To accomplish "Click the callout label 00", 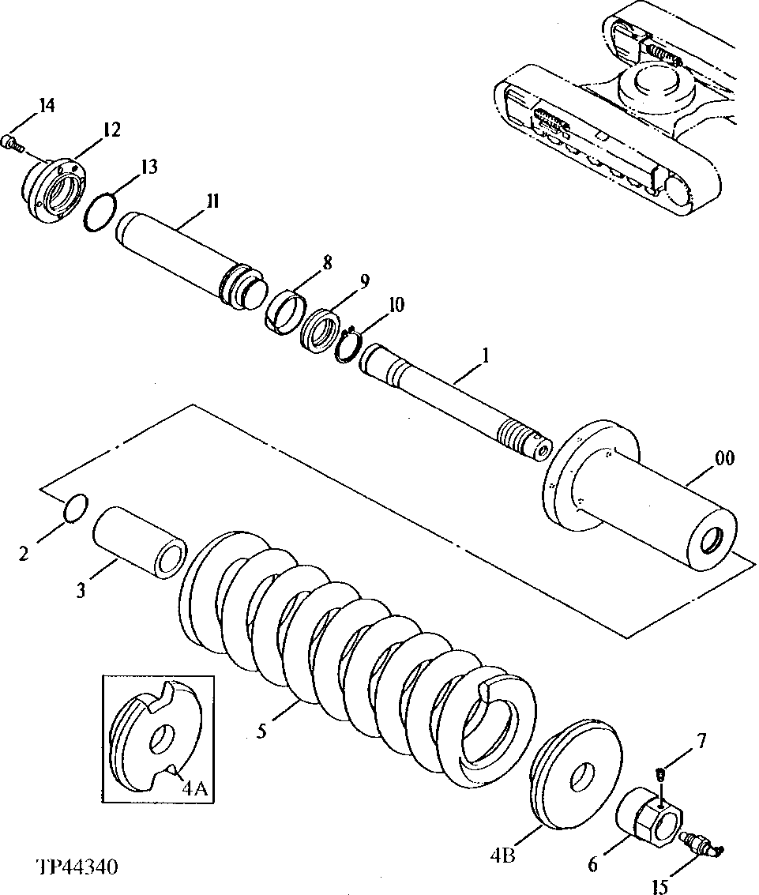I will [x=723, y=458].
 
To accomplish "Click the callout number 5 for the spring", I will [x=261, y=731].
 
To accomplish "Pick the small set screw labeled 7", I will [x=661, y=773].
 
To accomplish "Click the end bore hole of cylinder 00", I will [x=716, y=543].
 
